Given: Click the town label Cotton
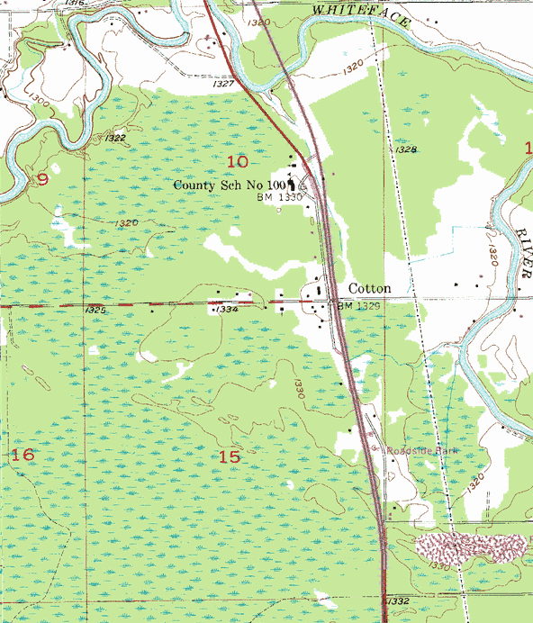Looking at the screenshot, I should [369, 289].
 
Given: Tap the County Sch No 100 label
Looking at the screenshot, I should [236, 185].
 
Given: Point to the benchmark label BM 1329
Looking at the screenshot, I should [357, 307].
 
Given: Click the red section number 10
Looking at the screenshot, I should [238, 161].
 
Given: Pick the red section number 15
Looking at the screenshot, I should [230, 456].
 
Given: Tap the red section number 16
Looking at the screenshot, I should [23, 456].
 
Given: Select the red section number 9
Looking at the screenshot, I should [41, 179].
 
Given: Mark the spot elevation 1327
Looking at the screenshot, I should [224, 84].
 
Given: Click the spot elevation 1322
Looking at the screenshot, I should [115, 139].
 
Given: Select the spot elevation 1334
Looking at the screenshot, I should [227, 309].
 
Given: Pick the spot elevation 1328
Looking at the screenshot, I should [406, 149].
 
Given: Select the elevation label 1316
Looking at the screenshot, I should [76, 5].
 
